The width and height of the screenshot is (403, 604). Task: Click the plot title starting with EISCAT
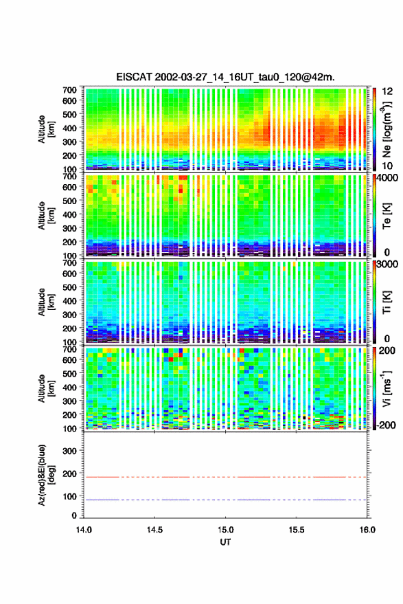click(x=226, y=77)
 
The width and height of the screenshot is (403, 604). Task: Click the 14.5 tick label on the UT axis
click(x=154, y=530)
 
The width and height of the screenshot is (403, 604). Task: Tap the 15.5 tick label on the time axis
click(x=297, y=530)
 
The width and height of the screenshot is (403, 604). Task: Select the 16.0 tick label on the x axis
click(x=367, y=530)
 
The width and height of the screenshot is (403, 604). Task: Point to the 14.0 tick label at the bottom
click(x=84, y=530)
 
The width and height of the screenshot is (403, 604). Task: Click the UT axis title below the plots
click(x=225, y=542)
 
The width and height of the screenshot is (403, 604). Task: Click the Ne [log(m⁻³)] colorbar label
click(x=387, y=129)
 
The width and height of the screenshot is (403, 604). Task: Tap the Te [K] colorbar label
click(x=387, y=216)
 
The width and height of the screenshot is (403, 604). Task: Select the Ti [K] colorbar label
click(x=387, y=302)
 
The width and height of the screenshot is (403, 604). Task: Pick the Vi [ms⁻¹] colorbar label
click(x=387, y=388)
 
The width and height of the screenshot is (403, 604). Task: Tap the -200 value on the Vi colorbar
click(x=386, y=425)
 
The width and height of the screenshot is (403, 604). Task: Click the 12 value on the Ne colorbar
click(x=387, y=91)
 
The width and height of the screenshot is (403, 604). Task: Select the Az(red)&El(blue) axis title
click(x=46, y=476)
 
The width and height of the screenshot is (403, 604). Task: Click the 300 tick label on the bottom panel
click(x=69, y=451)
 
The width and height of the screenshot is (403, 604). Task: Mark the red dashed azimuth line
click(x=225, y=478)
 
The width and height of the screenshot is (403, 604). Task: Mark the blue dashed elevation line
click(x=225, y=500)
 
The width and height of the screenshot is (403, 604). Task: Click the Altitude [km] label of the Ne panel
click(x=46, y=129)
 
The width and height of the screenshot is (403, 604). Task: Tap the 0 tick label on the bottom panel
click(x=74, y=515)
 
